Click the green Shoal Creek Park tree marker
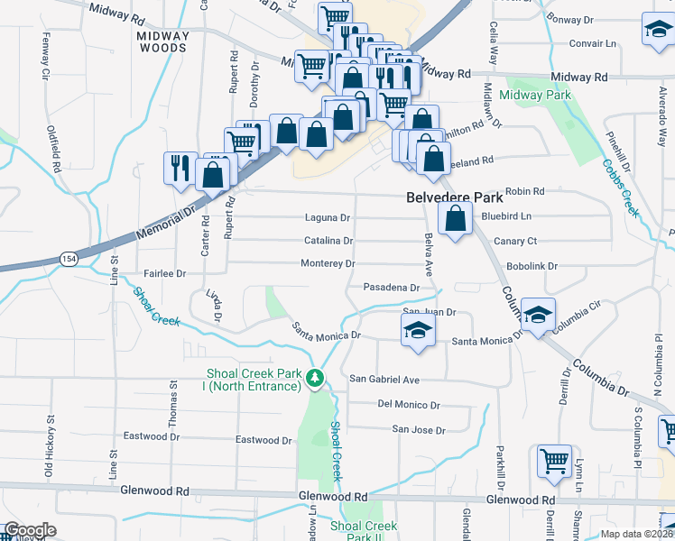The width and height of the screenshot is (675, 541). [315, 378]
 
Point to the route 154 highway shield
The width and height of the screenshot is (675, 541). [69, 259]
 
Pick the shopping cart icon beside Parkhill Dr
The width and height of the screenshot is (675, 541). [553, 462]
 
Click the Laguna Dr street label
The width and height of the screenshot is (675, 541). [327, 218]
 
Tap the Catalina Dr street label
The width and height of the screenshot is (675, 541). [328, 241]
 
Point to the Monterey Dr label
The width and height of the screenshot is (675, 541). [327, 263]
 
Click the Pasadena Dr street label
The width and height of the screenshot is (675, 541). [392, 288]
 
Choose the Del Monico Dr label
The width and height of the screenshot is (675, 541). [408, 405]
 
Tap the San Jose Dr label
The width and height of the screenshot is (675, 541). [418, 431]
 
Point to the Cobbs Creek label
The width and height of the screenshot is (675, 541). [621, 188]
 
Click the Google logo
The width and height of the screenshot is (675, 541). [31, 530]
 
